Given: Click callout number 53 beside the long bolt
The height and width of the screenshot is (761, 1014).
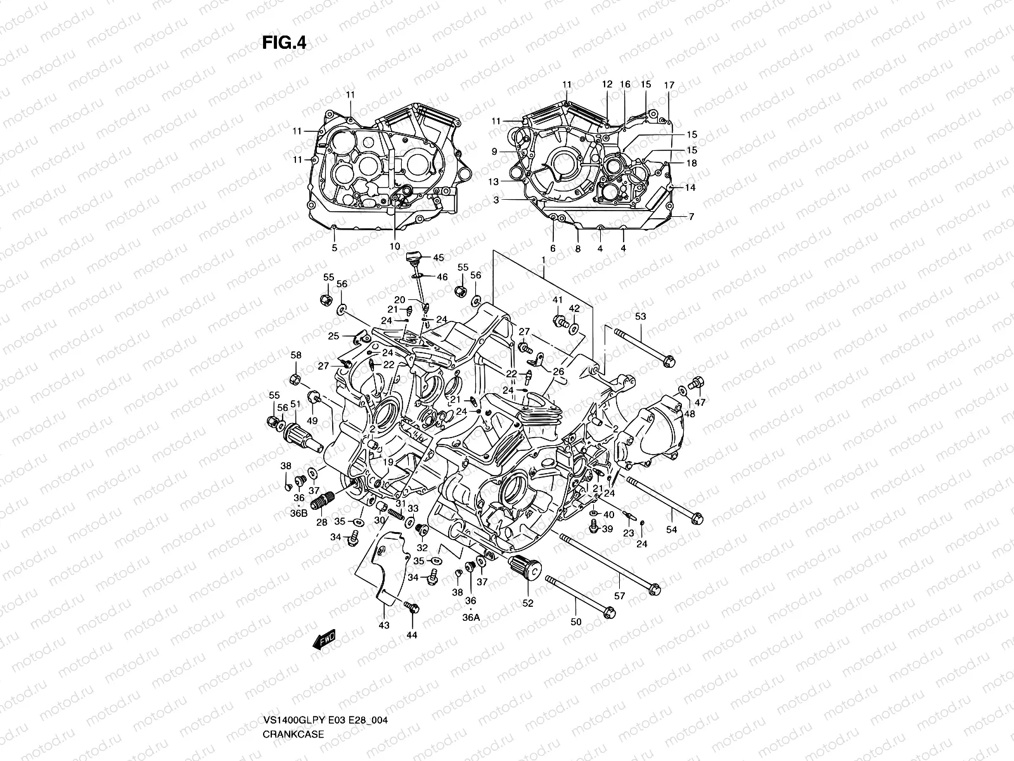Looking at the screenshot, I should click(x=640, y=316).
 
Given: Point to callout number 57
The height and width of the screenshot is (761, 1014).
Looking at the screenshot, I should click(x=619, y=596).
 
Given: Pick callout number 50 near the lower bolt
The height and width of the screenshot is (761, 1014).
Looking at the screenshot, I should click(x=575, y=622).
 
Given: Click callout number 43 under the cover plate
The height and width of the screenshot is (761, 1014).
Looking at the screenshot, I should click(x=383, y=625).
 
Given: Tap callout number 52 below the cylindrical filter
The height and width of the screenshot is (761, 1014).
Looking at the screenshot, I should click(x=527, y=603).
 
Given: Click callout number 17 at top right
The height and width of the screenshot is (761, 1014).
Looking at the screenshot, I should click(x=669, y=85).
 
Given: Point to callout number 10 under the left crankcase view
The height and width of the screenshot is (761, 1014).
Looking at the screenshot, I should click(x=394, y=246).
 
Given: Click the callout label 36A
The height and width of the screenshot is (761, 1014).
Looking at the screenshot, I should click(x=471, y=615).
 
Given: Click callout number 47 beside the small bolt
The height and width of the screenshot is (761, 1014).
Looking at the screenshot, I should click(x=700, y=403).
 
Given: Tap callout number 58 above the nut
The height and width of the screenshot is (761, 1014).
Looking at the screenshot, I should click(x=296, y=355).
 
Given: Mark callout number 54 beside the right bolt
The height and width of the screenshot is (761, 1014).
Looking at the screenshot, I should click(x=671, y=530).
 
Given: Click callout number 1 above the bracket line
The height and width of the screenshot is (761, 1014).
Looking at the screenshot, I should click(x=543, y=261).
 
